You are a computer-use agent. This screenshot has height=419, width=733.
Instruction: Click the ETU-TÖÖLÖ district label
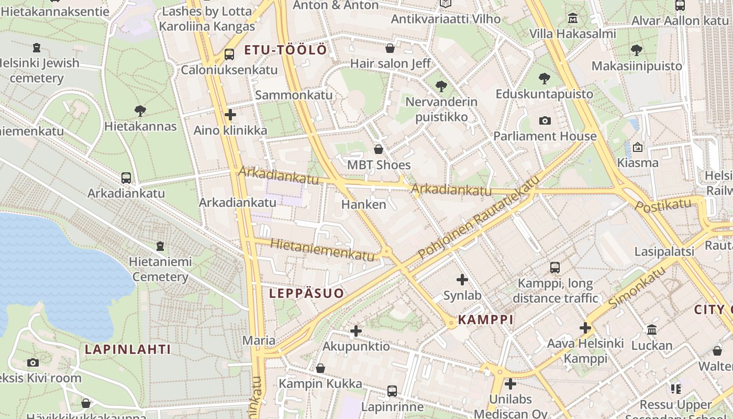[x=285, y=50]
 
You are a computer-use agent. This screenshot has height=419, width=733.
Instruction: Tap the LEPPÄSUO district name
[x=307, y=293]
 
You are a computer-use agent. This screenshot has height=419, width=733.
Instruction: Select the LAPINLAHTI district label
[x=128, y=349]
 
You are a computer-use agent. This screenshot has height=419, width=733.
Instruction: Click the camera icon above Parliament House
[x=545, y=120]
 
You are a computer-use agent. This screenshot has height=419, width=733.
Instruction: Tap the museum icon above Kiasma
[x=638, y=147]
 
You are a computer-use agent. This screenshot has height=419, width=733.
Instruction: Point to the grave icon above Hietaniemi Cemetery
[x=160, y=246]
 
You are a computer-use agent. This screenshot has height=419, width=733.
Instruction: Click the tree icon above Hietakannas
[x=140, y=111]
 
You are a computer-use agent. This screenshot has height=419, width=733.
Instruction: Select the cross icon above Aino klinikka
[x=230, y=115]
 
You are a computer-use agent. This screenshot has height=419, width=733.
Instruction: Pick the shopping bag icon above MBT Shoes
[x=379, y=149]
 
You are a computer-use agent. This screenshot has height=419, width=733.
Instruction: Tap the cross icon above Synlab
[x=462, y=280]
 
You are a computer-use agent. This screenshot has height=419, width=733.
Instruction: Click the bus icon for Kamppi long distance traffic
[x=555, y=268]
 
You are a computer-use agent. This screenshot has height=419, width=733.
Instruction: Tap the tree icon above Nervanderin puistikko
[x=441, y=86]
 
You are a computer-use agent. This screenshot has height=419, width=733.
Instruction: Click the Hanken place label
[x=363, y=204]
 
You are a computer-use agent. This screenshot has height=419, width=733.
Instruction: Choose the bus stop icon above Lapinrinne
[x=392, y=391]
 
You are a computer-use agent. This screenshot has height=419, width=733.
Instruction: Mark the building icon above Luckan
[x=652, y=330]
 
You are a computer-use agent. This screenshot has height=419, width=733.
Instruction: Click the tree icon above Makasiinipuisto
[x=637, y=50]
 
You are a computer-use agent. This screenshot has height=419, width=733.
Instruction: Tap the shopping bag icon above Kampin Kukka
[x=320, y=368]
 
